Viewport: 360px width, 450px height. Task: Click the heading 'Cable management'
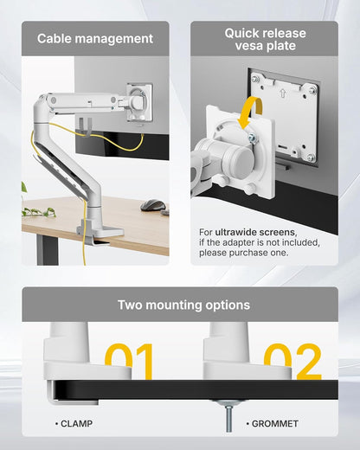pyautogui.click(x=95, y=39)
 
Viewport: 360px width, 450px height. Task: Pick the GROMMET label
pyautogui.click(x=274, y=424)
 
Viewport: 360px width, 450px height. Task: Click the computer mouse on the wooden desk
pyautogui.click(x=152, y=205)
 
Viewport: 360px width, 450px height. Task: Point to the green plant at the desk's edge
pyautogui.click(x=35, y=210)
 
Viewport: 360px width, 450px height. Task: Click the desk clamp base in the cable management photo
pyautogui.click(x=93, y=229)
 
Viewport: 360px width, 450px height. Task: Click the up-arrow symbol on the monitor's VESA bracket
pyautogui.click(x=285, y=88)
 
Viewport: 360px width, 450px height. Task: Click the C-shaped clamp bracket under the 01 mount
pyautogui.click(x=65, y=394)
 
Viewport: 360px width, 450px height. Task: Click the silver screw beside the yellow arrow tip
pyautogui.click(x=252, y=137)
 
